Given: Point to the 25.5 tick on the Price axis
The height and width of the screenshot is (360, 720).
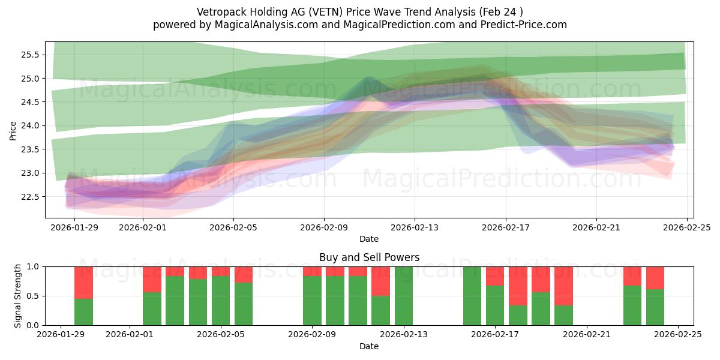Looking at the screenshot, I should point(30,55).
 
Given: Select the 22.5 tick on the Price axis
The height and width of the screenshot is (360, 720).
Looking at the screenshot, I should point(30,197).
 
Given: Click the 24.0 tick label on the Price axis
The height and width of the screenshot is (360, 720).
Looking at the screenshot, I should point(30,126).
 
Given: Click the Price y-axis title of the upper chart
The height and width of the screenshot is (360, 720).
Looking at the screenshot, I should point(13,130).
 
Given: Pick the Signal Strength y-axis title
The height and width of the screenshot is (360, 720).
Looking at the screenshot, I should point(18,296).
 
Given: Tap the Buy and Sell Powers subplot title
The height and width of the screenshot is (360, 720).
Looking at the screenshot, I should point(369,257).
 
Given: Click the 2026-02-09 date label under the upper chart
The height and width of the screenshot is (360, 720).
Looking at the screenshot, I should point(324,228).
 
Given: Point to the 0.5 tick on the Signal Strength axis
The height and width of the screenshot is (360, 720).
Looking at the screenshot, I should point(33,296).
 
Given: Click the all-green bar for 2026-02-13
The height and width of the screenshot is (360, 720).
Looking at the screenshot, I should point(403,296).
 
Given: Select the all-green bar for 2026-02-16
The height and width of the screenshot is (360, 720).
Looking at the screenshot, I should point(472,296).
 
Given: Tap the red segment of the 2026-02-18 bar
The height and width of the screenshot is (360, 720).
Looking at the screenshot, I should point(518,286).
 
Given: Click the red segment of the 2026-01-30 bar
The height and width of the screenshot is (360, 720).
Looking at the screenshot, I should point(83,282).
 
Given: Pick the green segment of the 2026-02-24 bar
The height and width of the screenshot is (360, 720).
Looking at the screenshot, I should point(655,307).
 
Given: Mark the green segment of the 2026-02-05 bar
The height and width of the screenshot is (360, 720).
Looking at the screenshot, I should point(221,301).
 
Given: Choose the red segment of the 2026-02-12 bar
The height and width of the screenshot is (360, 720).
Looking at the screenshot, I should point(380,281).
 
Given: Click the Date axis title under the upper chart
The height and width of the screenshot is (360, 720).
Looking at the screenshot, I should point(369,239).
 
